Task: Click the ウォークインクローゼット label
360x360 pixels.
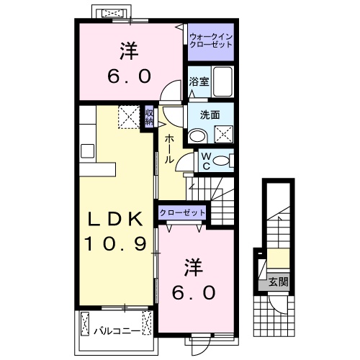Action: [211, 40]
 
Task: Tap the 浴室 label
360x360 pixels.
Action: [199, 81]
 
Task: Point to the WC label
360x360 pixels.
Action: [205, 161]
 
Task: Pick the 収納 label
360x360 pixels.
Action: [149, 116]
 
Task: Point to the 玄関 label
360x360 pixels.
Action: [277, 282]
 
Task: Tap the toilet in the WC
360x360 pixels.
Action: [223, 161]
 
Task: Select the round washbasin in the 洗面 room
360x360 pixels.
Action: [196, 135]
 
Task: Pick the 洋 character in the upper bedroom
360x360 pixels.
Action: [129, 51]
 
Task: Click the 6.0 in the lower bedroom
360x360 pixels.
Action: [192, 293]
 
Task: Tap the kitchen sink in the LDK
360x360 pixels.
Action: [88, 150]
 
